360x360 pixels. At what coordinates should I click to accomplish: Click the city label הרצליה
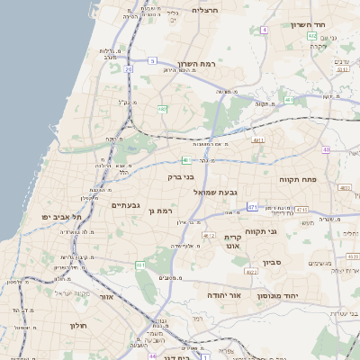click(x=205, y=10)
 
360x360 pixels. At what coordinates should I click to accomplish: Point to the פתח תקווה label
click(x=301, y=180)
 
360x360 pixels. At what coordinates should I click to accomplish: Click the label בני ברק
click(x=181, y=177)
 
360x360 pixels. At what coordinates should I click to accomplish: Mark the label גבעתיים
click(x=125, y=206)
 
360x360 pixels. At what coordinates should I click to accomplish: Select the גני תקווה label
click(x=286, y=231)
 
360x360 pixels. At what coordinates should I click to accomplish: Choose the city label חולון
click(x=77, y=326)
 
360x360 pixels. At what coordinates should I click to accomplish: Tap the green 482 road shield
click(x=162, y=109)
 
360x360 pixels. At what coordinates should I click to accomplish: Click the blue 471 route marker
click(x=253, y=207)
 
